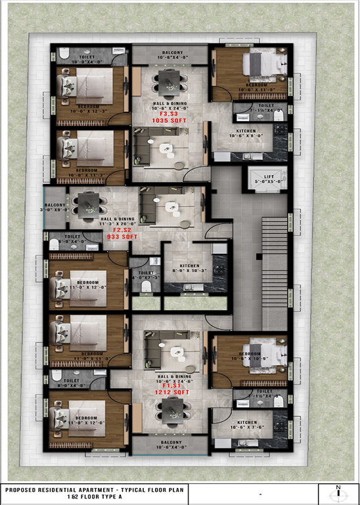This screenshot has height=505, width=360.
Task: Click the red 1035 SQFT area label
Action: click(169, 121)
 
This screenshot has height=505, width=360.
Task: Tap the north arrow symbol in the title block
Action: click(338, 493)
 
